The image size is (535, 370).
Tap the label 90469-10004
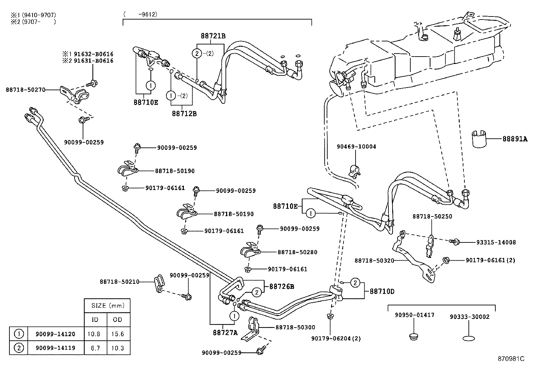click(356, 147)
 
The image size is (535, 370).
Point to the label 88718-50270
click(26, 90)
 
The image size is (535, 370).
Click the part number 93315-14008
click(496, 242)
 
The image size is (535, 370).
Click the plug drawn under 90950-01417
click(414, 336)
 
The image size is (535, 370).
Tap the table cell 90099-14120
click(55, 334)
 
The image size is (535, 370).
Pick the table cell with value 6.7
click(95, 348)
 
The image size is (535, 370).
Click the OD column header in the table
click(118, 319)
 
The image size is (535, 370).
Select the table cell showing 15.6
click(118, 334)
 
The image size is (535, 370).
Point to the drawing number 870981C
click(511, 359)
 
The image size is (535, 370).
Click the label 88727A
click(225, 333)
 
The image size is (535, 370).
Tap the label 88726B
click(282, 287)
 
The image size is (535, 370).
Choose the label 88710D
click(382, 291)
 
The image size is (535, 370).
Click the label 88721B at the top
click(213, 36)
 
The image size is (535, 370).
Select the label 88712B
click(184, 113)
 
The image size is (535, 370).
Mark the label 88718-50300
click(295, 327)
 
